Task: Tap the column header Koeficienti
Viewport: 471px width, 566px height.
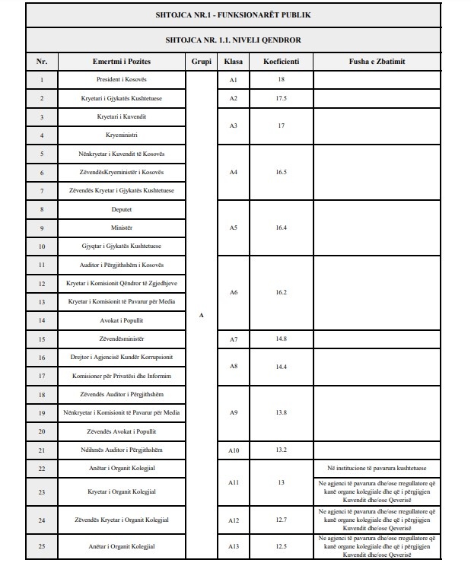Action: tap(281, 61)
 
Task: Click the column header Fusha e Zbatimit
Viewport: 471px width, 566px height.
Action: tap(377, 61)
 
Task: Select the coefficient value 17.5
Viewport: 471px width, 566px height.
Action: tap(281, 98)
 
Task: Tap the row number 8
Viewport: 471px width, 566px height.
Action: tap(41, 209)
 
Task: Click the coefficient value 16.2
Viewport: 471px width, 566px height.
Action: tap(281, 292)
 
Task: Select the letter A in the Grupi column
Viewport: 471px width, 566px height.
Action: tap(201, 314)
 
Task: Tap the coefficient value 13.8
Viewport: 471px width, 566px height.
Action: tap(281, 412)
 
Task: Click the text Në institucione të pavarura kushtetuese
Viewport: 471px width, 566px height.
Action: tap(377, 469)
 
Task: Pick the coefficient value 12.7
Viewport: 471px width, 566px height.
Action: tap(281, 520)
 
